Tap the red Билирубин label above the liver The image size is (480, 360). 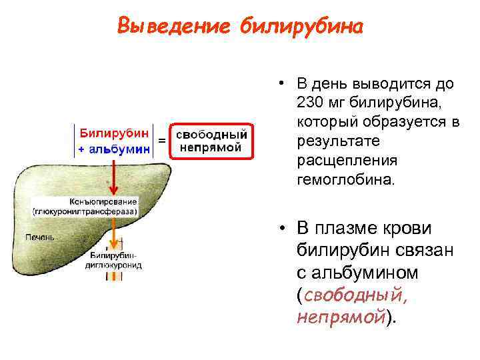115,133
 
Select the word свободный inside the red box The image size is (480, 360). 211,133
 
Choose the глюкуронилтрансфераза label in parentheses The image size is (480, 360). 85,211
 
